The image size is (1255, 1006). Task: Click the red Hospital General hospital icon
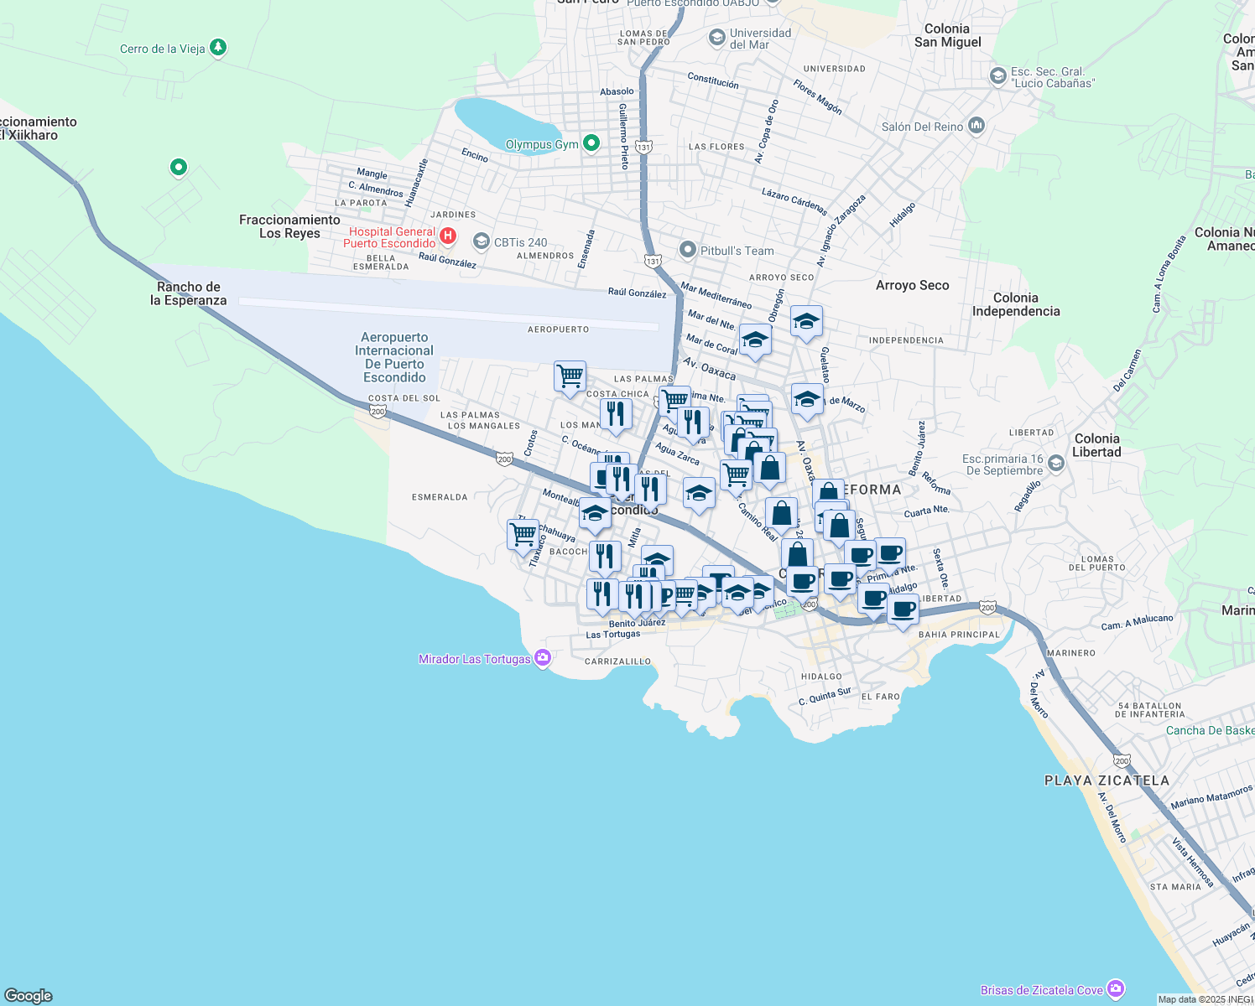(448, 236)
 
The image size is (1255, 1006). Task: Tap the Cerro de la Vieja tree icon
(218, 48)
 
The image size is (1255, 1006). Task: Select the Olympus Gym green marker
(591, 143)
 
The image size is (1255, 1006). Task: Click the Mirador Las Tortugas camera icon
(543, 658)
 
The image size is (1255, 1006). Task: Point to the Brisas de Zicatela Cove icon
(1115, 989)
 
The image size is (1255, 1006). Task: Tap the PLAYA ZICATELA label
(1107, 780)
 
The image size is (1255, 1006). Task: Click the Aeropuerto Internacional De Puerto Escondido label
(394, 357)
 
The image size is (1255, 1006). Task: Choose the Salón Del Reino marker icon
(976, 126)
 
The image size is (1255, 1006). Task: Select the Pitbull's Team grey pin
(688, 250)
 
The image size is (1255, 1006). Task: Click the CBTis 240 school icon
(482, 242)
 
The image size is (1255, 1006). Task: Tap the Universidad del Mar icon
(717, 38)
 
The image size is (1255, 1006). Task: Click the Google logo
(29, 995)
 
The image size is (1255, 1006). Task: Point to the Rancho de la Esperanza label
(189, 293)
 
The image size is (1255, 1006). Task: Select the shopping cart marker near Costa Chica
(570, 376)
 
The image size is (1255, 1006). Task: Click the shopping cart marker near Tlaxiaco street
(523, 534)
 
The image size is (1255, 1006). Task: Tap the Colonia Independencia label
(1015, 304)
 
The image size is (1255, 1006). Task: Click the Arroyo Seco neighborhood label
(912, 285)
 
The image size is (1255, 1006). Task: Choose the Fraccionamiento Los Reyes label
(289, 226)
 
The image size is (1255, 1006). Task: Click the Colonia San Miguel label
(947, 35)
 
